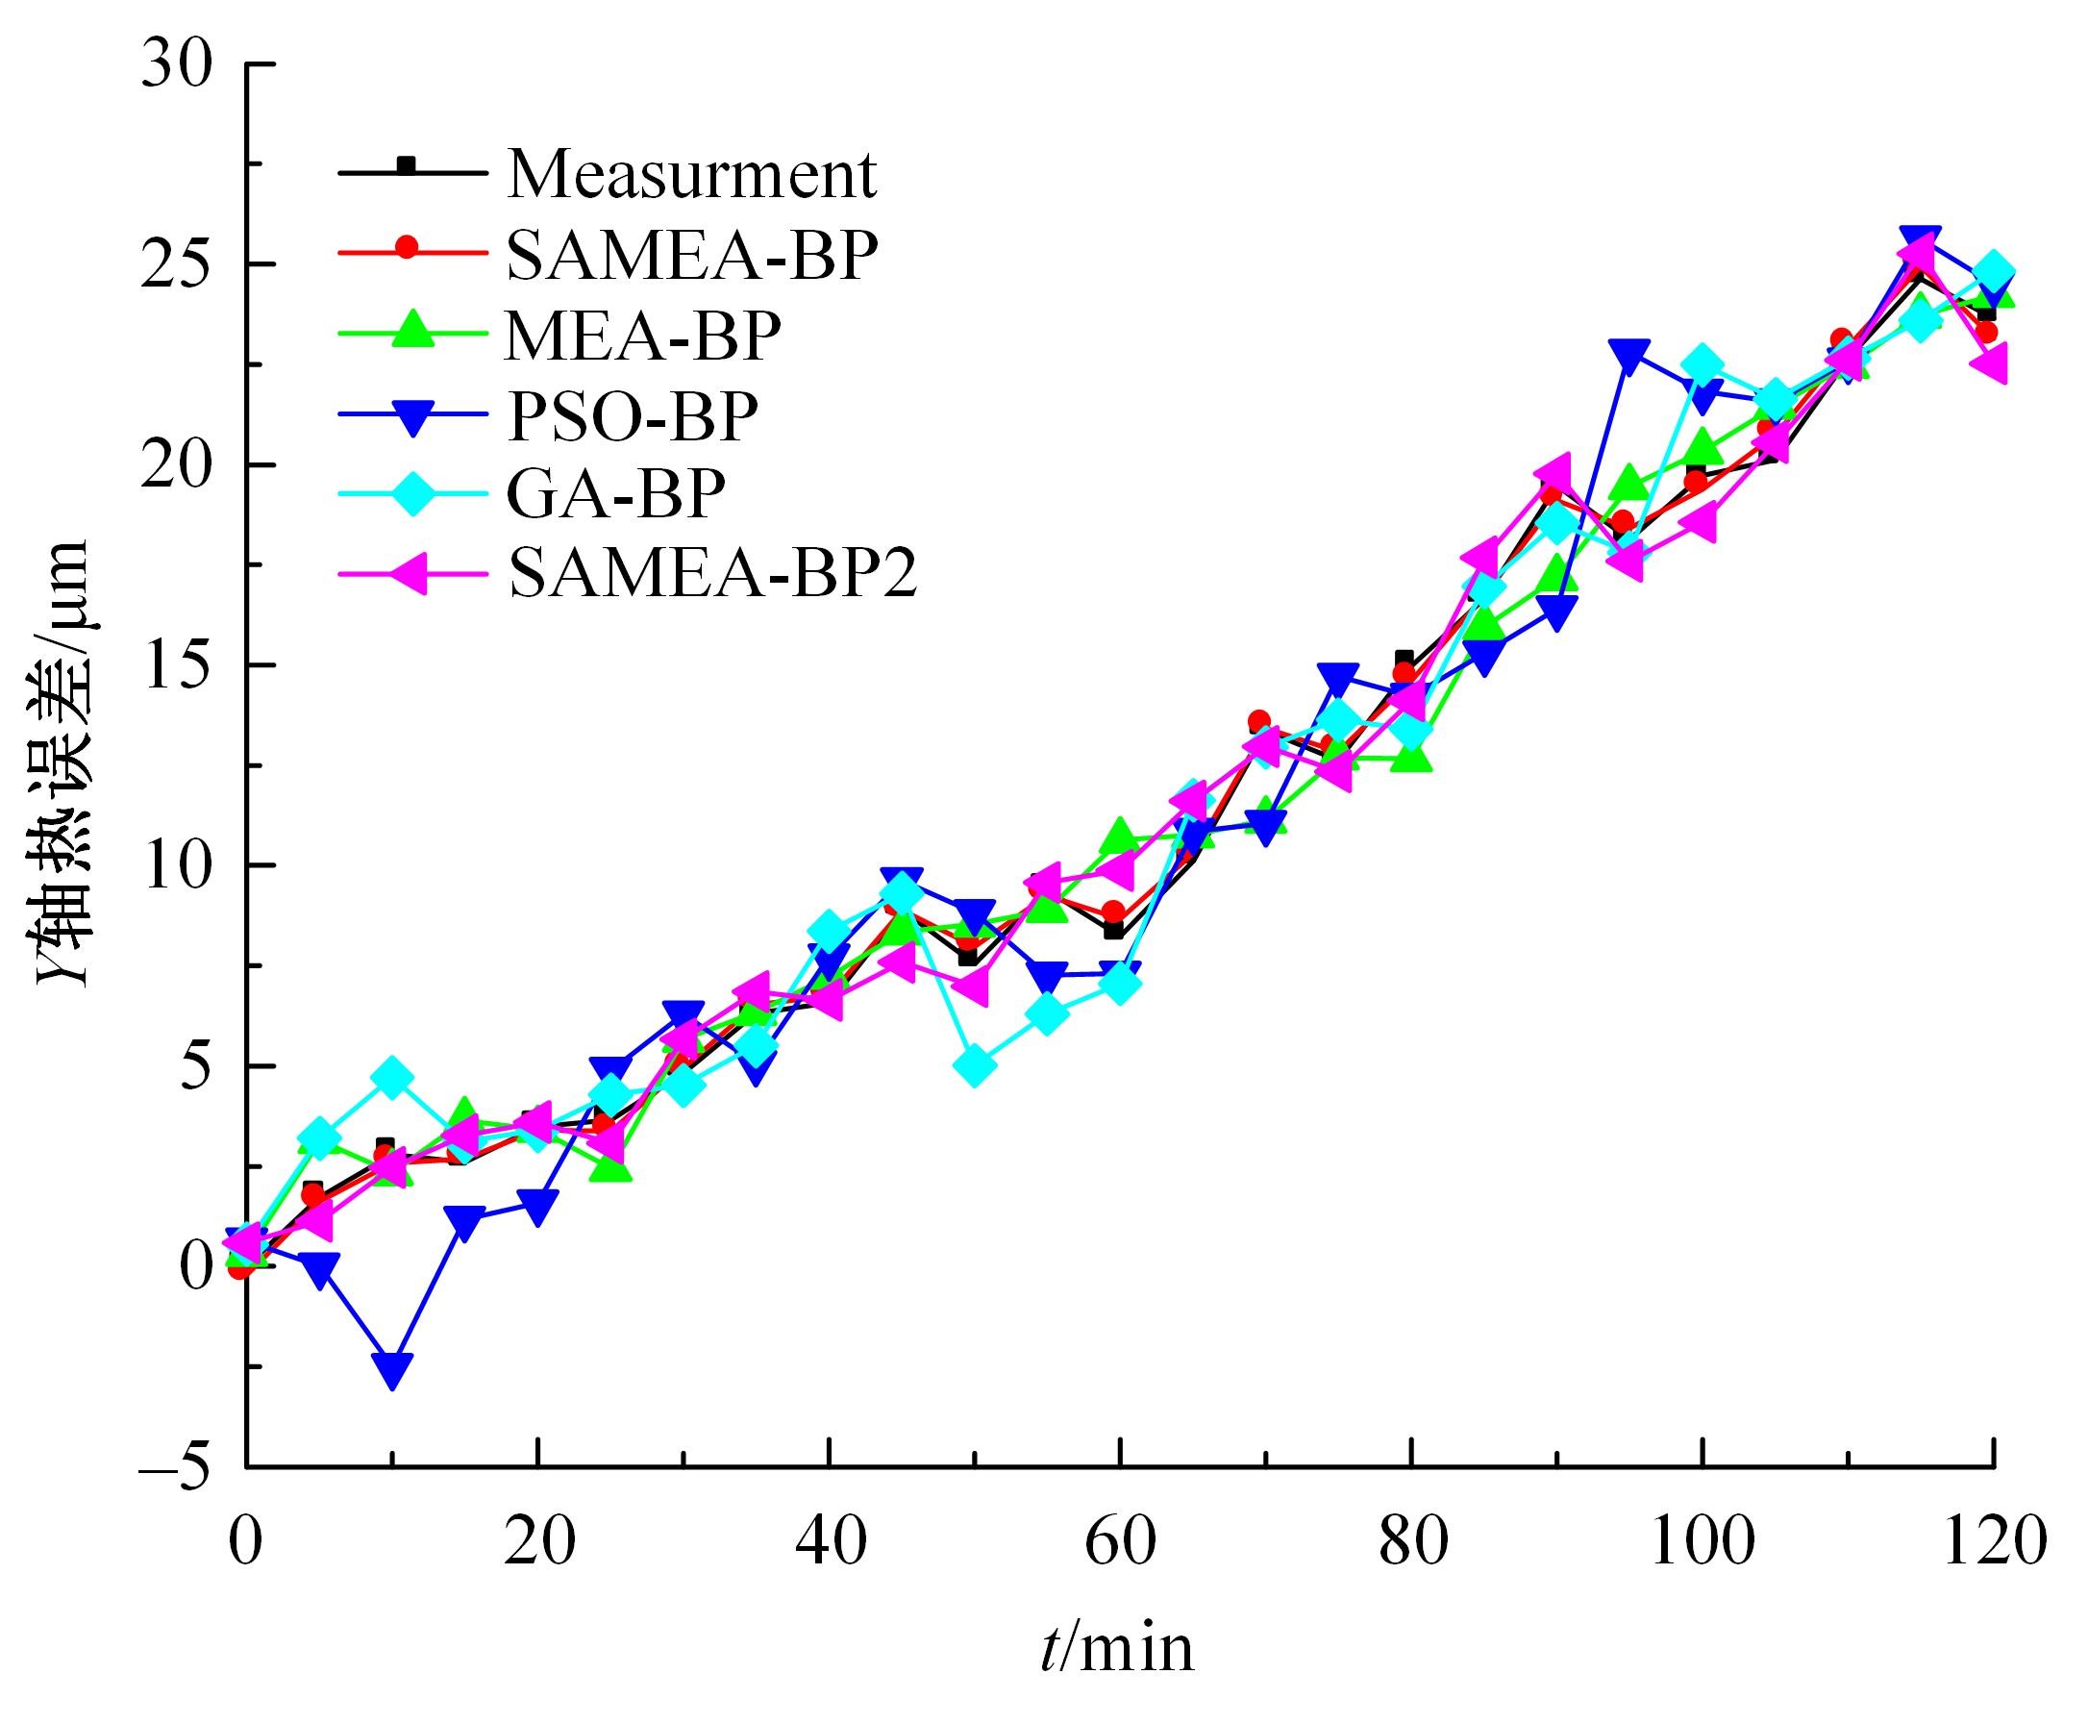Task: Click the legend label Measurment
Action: click(692, 175)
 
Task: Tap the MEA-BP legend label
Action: click(643, 336)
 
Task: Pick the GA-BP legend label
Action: click(616, 492)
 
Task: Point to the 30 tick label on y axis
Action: click(179, 65)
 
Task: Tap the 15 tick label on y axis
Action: click(179, 665)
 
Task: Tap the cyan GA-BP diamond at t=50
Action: click(974, 1065)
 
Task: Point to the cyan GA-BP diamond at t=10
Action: click(392, 1078)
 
